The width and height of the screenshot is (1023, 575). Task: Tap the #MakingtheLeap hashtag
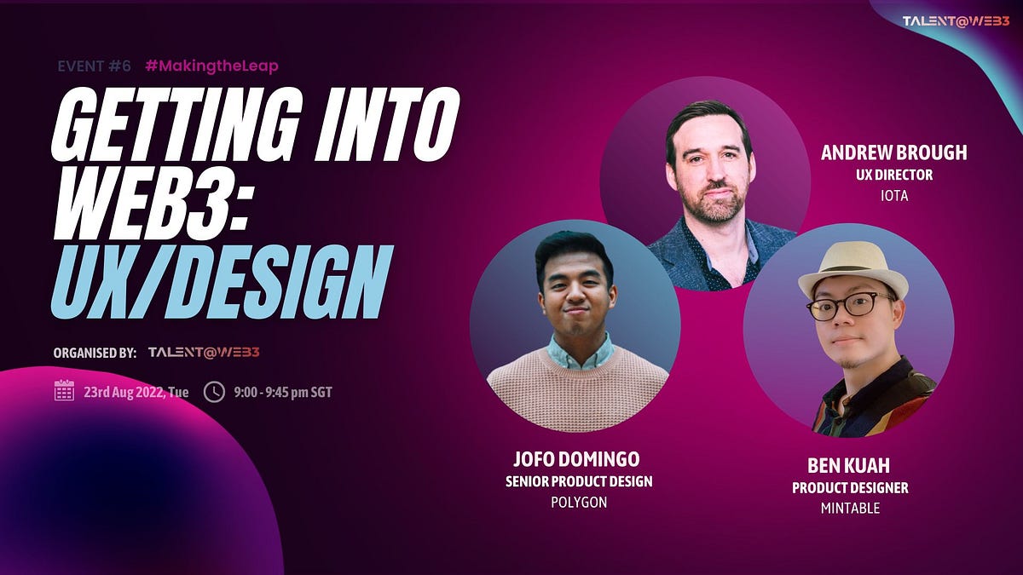tap(211, 65)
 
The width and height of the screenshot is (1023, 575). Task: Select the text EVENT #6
tap(94, 65)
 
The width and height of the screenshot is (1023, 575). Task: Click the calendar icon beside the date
tap(64, 391)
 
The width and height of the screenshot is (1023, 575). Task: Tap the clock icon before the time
tap(214, 392)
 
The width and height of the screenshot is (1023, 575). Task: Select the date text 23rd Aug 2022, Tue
tap(136, 393)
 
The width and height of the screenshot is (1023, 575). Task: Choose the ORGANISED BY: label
tap(94, 352)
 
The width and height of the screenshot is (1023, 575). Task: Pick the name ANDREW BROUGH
tap(893, 153)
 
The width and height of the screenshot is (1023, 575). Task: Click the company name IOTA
tap(894, 195)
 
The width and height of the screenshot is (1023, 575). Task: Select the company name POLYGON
tap(578, 503)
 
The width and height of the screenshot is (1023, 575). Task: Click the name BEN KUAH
tap(849, 467)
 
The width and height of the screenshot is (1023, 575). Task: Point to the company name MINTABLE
tap(850, 509)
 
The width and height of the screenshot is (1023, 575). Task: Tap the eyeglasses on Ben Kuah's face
tap(849, 306)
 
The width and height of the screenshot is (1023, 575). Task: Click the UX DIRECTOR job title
tap(894, 175)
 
